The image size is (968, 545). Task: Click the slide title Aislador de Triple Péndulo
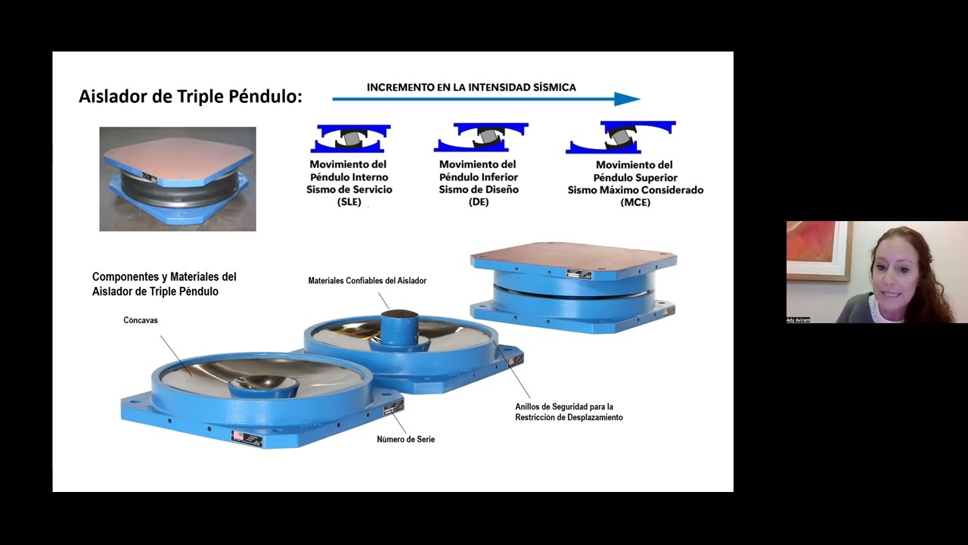coord(191,97)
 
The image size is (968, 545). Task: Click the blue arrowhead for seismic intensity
coord(627,99)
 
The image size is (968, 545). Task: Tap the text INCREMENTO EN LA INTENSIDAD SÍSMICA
coord(471,87)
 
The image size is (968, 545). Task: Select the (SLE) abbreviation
coord(349,202)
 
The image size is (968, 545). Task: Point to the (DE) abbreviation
coord(479,202)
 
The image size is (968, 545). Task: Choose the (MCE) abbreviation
coord(635,202)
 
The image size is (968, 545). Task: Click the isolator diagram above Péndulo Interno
coord(351,139)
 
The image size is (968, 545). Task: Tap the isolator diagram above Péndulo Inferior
coord(480,139)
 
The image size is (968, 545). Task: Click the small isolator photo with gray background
coord(178,179)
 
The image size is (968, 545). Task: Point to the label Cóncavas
coord(141,320)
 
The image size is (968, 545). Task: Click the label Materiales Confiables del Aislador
coord(367,281)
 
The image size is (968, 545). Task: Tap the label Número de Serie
coord(405,439)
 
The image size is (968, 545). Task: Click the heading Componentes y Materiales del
coord(164,277)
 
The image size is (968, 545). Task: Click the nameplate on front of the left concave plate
coord(247,439)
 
